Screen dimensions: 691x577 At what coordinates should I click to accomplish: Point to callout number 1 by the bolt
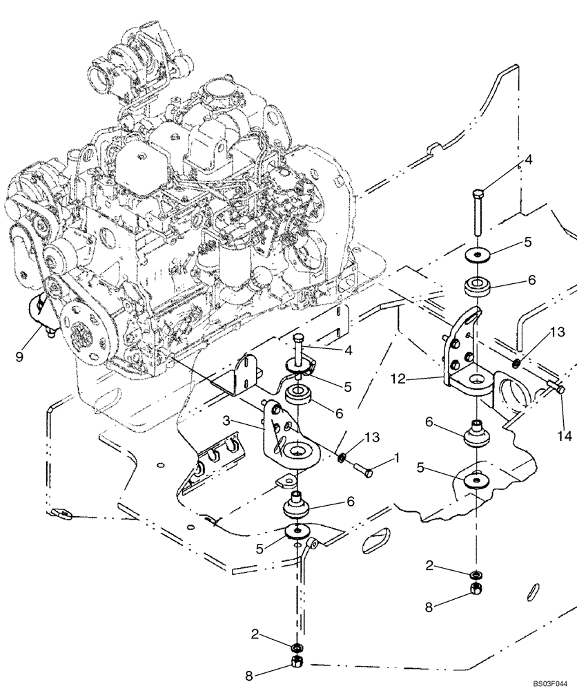[x=396, y=457]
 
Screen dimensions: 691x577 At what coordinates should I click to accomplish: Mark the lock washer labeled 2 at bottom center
[x=295, y=647]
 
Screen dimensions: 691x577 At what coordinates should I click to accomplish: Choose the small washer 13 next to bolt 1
[x=342, y=457]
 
